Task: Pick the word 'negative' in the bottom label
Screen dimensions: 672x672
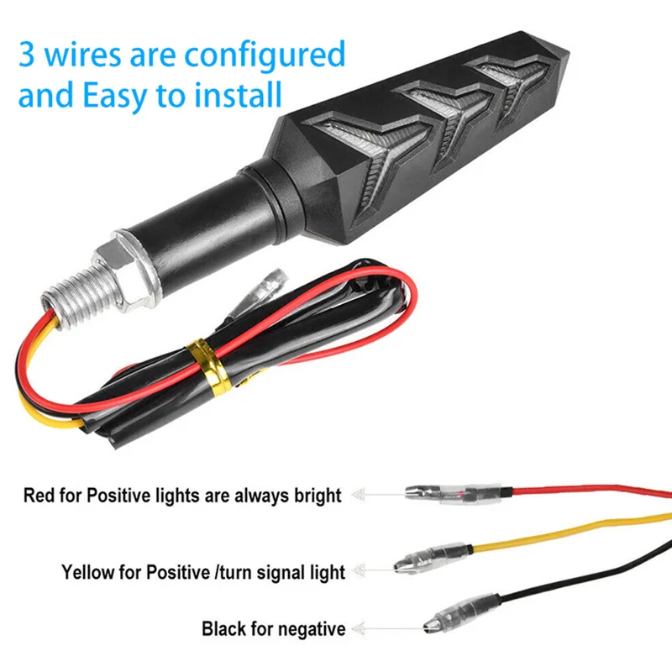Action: click(312, 628)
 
